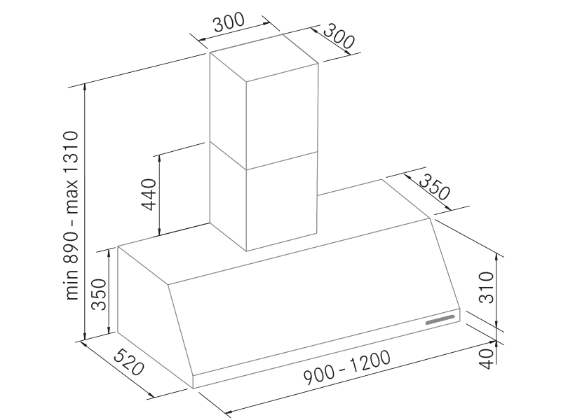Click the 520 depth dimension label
(129, 362)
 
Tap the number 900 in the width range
(319, 372)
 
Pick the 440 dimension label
(149, 195)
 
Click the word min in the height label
(72, 288)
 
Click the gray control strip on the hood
(440, 320)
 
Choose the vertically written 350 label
(99, 294)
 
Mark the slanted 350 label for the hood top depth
(434, 187)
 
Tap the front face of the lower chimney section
(282, 201)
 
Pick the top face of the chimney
(264, 57)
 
